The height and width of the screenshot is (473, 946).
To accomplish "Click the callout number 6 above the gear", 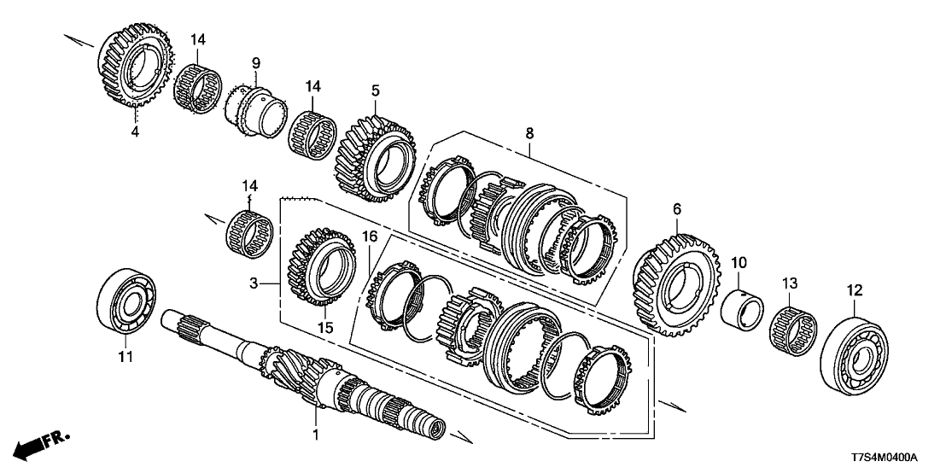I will pyautogui.click(x=677, y=207).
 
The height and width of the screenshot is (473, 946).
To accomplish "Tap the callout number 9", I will pyautogui.click(x=254, y=62).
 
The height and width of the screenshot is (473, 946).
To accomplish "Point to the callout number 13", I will pyautogui.click(x=790, y=282).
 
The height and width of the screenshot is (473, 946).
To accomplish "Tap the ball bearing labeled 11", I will pyautogui.click(x=128, y=298).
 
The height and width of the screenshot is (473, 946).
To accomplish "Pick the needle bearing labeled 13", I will pyautogui.click(x=791, y=328).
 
